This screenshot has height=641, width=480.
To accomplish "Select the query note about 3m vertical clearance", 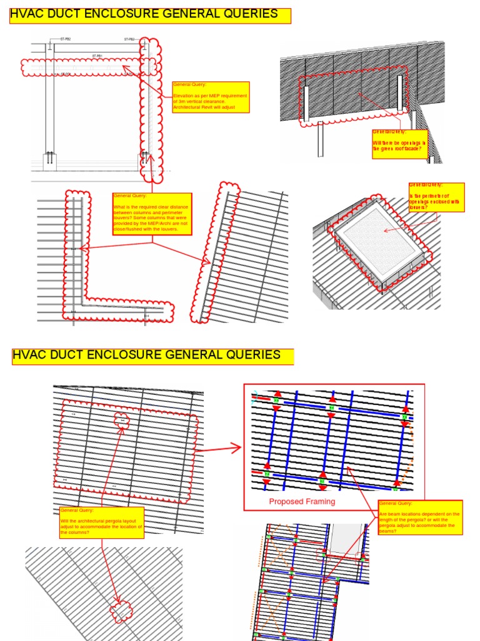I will click(x=211, y=97).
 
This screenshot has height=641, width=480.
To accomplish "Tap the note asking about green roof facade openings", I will click(x=399, y=141).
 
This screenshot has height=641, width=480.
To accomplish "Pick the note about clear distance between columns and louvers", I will click(x=152, y=213).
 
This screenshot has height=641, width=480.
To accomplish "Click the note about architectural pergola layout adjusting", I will click(x=101, y=521).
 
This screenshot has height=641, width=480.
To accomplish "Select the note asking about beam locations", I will click(x=420, y=517).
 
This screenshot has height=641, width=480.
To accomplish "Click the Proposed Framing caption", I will click(x=302, y=501).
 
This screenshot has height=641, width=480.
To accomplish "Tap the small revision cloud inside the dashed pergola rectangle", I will click(x=121, y=421).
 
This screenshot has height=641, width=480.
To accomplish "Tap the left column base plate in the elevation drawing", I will click(x=49, y=160).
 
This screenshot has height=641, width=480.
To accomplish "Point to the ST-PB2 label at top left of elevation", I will click(x=66, y=39).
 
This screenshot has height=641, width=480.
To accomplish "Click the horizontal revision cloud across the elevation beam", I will click(x=81, y=66).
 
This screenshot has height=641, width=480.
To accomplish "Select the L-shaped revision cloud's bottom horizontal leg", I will click(x=119, y=311).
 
